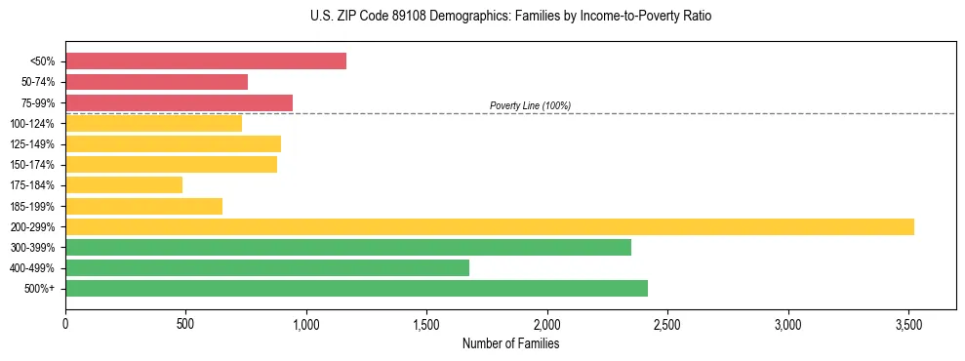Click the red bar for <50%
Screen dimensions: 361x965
206,61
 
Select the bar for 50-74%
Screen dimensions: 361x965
156,82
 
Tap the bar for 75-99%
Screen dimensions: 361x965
179,102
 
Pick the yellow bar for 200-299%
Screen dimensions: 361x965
490,227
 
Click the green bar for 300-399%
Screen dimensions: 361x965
348,248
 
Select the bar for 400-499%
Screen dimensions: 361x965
267,268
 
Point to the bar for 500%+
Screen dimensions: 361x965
356,289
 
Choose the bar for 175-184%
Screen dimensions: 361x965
124,185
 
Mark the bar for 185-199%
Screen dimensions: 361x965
143,206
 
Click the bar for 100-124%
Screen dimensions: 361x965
153,124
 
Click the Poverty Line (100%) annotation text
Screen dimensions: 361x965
530,105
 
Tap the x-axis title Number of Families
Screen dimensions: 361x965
510,343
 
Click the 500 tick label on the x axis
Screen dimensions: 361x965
185,324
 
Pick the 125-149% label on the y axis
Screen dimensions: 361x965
32,144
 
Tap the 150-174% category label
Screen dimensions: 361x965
32,165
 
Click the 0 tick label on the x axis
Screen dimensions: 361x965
65,324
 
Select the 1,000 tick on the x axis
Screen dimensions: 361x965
306,324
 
